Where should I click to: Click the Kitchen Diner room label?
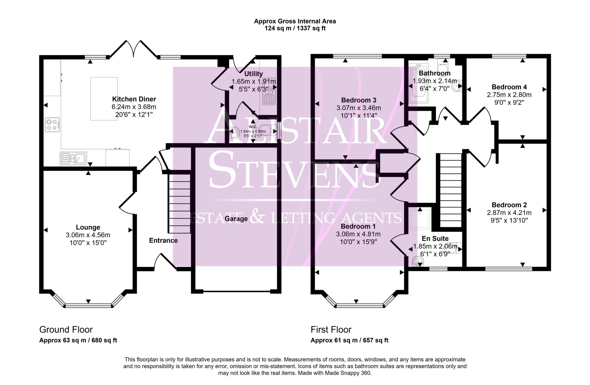pos(134,99)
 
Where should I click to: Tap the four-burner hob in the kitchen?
pos(52,124)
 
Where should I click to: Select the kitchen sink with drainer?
pos(73,158)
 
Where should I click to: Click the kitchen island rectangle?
pos(104,99)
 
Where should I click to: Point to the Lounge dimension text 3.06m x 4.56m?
pos(88,235)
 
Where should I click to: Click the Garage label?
pos(236,219)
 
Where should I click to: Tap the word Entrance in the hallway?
pos(163,241)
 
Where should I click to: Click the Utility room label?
pos(254,74)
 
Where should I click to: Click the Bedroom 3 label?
pos(358,100)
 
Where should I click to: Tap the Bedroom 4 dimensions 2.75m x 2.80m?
pos(509,95)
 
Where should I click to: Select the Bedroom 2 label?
pos(509,205)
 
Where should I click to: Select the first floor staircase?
pos(451,190)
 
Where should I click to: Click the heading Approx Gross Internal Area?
pos(295,21)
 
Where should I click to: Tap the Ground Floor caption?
pos(66,329)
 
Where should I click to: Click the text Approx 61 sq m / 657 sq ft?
pos(349,340)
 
